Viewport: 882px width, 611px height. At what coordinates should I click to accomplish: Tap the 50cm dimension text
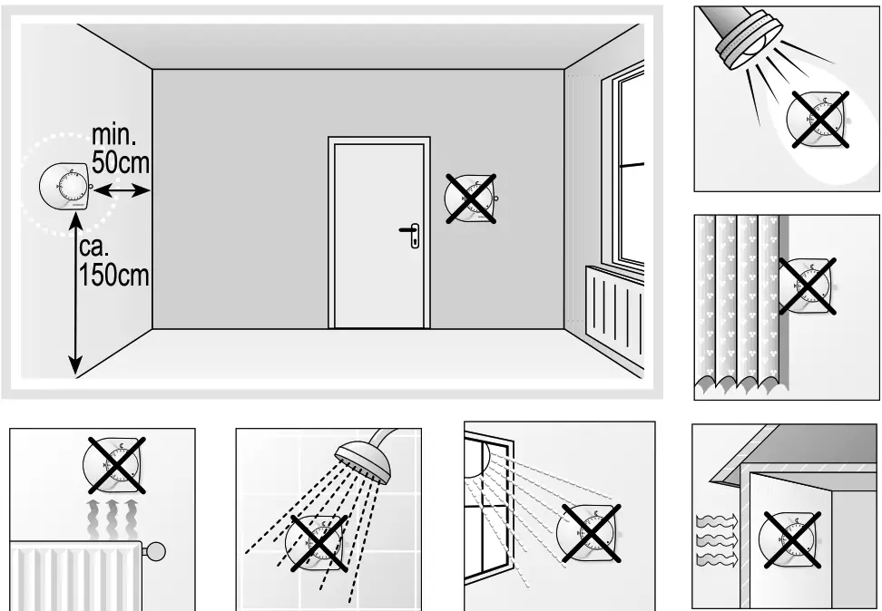(121, 163)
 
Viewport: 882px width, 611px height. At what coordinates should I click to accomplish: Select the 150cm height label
(113, 274)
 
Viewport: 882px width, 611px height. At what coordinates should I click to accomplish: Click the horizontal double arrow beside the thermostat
(122, 190)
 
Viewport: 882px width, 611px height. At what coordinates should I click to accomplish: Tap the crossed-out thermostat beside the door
(470, 197)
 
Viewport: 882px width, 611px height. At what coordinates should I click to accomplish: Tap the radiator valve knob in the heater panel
(157, 550)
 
